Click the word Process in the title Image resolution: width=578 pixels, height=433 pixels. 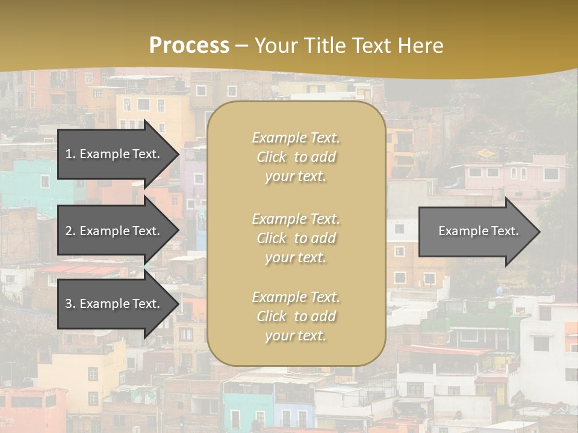pos(189,46)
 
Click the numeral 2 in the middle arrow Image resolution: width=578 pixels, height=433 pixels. pos(69,231)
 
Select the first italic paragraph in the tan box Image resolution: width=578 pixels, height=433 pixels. pos(296,157)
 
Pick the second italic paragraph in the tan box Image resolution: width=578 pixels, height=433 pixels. pos(296,238)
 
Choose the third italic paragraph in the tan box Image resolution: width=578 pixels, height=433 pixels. pos(296,316)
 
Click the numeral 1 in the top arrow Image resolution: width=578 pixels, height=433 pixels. pos(69,154)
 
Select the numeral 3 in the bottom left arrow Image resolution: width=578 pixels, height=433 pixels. pos(69,304)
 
